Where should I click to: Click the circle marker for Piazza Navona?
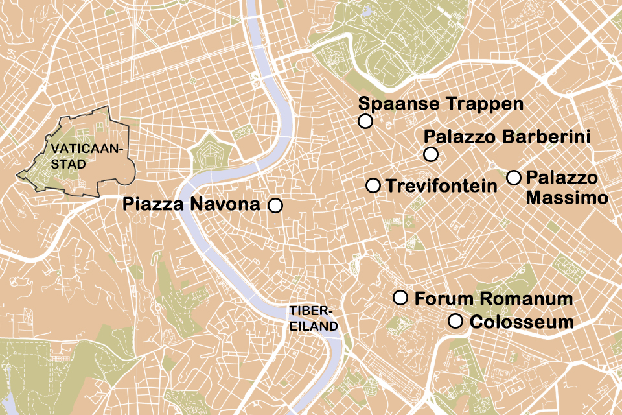(x=275, y=206)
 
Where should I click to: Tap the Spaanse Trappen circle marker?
(x=365, y=121)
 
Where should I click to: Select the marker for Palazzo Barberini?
(x=431, y=154)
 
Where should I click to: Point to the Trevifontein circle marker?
(x=373, y=185)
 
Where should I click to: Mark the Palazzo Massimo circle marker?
(x=514, y=177)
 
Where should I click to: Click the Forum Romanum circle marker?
(x=400, y=298)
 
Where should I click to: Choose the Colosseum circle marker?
(x=455, y=321)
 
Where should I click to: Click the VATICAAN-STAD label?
(x=76, y=156)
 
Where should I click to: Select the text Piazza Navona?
(x=191, y=206)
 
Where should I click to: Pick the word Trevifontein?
(x=441, y=186)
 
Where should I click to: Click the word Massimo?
(x=566, y=197)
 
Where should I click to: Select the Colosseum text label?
(x=521, y=322)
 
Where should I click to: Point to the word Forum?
(x=441, y=299)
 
